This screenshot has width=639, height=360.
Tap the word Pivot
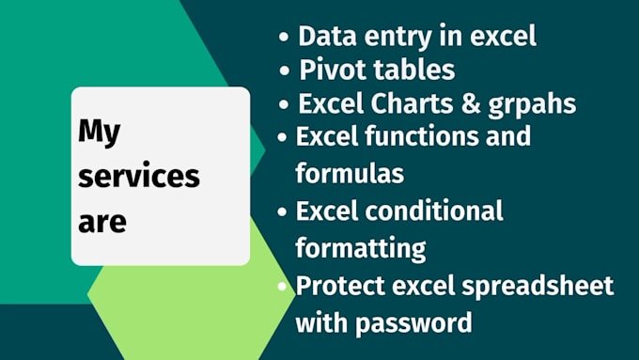[328, 70]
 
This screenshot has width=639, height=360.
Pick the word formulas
[350, 173]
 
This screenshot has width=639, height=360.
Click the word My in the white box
[99, 133]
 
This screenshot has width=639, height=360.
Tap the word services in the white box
[138, 177]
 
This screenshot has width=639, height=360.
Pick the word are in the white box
[101, 223]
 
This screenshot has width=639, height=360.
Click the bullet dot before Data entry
[284, 38]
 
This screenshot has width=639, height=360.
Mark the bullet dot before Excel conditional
[283, 211]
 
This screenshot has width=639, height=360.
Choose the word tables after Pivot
[410, 70]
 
